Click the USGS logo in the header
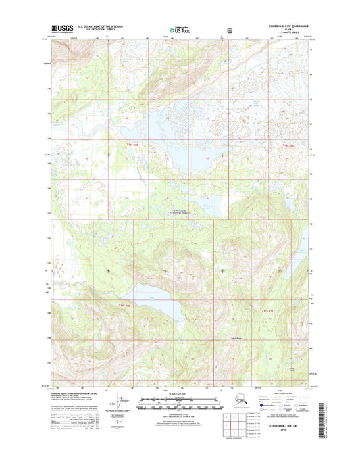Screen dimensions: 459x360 (61, 29)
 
